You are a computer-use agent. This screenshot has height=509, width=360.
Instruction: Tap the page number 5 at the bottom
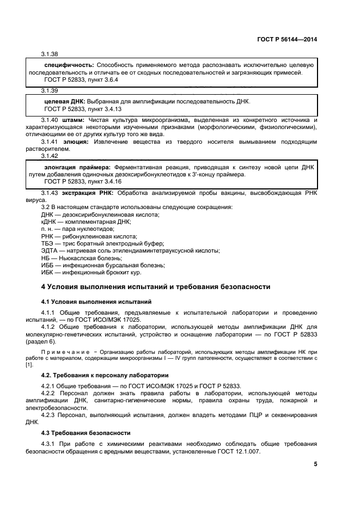[x=315, y=464]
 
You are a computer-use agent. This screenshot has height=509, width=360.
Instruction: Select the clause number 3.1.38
[x=50, y=54]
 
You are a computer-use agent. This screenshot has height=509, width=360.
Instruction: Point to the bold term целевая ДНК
[x=64, y=102]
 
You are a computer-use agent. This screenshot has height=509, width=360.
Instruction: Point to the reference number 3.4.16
[x=111, y=181]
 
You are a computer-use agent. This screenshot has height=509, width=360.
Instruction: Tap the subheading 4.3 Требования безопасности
[x=86, y=432]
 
